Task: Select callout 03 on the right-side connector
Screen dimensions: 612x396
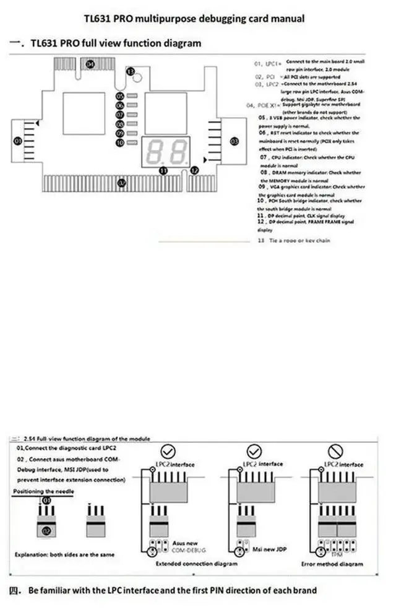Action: pos(234,141)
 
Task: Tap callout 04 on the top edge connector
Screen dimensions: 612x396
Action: pos(91,64)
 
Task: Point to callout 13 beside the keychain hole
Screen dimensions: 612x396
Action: pos(130,72)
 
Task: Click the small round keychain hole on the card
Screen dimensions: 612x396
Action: pos(140,79)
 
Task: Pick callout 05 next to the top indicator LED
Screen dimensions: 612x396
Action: pos(119,97)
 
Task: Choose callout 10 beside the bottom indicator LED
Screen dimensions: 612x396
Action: pos(119,143)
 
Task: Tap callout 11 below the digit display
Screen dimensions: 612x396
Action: pos(163,169)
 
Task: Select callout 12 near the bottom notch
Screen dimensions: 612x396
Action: pos(194,170)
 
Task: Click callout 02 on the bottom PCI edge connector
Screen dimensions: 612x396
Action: pos(123,183)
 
